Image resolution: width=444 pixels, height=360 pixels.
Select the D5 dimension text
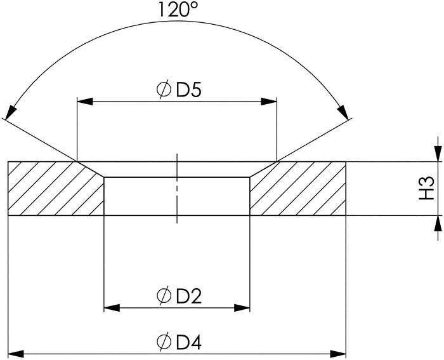click(188, 90)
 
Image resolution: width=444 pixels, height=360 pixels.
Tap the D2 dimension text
click(188, 297)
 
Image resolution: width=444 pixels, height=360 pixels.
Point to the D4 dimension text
click(188, 342)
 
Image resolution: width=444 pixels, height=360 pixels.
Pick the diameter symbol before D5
click(164, 90)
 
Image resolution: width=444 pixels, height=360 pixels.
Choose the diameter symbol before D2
click(164, 297)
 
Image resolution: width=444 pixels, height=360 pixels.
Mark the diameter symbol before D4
click(164, 342)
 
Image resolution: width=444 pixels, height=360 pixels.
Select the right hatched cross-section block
click(298, 189)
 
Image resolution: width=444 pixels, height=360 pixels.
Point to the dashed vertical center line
click(178, 189)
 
